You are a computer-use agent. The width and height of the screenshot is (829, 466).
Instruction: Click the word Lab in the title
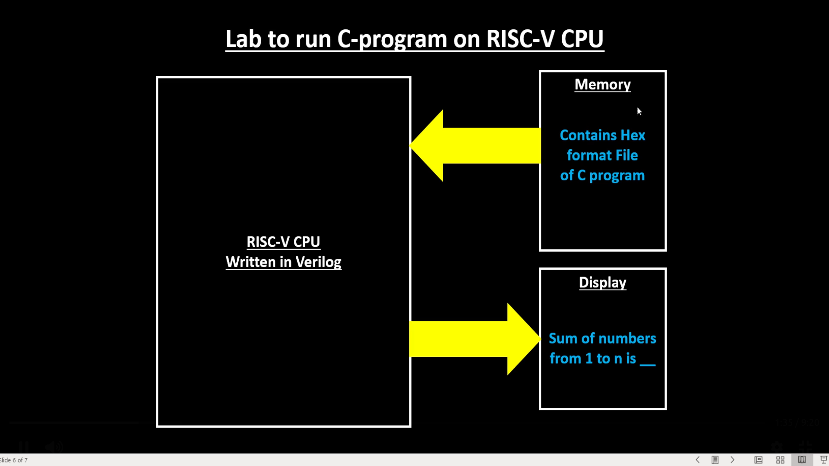(243, 39)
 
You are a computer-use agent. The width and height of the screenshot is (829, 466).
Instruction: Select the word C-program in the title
(392, 39)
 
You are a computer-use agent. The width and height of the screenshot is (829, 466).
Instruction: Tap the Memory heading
(602, 85)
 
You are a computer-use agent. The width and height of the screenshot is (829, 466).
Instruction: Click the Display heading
(602, 283)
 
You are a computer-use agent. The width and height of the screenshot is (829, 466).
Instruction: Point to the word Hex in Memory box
(633, 135)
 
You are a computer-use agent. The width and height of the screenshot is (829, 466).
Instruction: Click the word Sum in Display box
(563, 339)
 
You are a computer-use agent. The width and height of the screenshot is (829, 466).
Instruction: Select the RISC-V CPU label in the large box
(283, 242)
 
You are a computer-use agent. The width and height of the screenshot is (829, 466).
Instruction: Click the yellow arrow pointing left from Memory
(475, 146)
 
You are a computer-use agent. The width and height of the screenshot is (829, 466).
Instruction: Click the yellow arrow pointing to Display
(475, 339)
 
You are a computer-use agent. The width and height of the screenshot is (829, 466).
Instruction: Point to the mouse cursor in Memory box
(639, 111)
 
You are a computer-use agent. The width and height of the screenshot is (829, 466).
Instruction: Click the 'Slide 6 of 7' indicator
(14, 460)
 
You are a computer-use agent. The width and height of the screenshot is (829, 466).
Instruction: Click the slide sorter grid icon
(780, 460)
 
